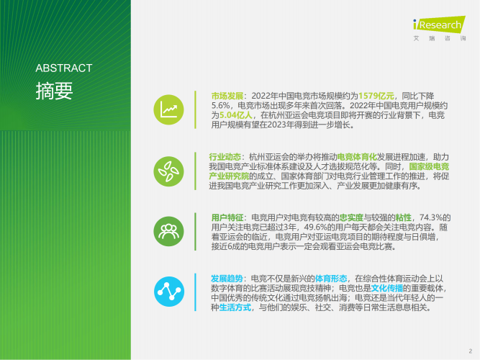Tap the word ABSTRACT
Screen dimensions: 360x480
point(64,68)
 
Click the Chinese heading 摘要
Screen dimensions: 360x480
point(54,91)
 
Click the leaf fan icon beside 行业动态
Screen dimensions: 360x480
point(171,170)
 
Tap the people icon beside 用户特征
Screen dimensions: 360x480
point(171,230)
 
